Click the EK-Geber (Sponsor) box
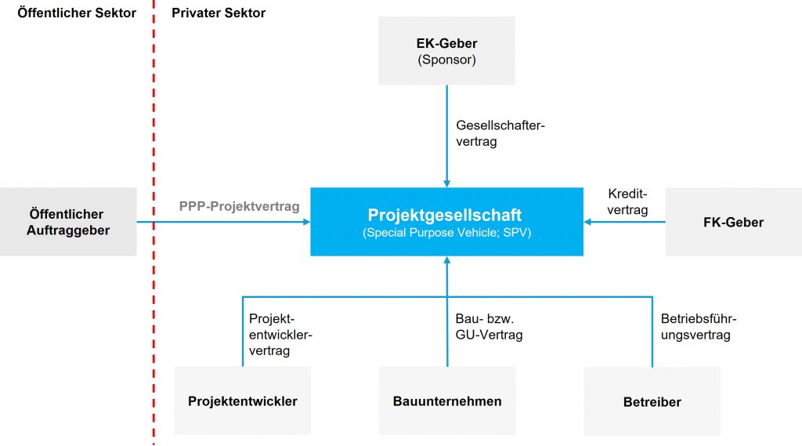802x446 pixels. [446, 50]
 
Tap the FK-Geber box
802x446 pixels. [733, 222]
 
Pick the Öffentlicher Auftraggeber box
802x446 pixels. [68, 222]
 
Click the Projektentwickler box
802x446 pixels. [243, 401]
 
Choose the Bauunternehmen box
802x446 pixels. [447, 401]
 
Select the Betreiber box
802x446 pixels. [652, 401]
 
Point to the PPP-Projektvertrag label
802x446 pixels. [240, 207]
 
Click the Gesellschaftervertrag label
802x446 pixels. [500, 133]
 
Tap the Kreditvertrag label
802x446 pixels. [627, 201]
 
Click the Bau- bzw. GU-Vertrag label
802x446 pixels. [489, 327]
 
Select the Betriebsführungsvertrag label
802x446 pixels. [699, 327]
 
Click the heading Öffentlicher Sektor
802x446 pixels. [77, 13]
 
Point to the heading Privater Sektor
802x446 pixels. [219, 13]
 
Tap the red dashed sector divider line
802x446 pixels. [154, 235]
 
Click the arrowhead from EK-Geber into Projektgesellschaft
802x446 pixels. [446, 183]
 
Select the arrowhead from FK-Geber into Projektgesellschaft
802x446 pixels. [588, 222]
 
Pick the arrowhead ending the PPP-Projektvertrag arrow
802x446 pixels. [306, 222]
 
